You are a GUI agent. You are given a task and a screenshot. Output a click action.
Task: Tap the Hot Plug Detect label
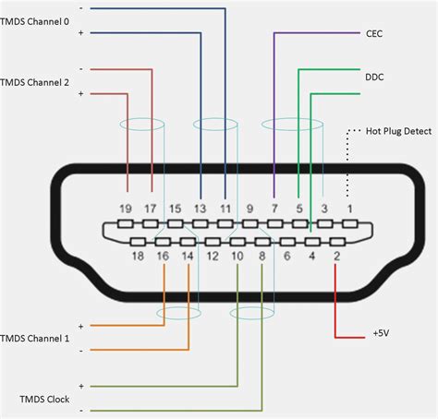398,131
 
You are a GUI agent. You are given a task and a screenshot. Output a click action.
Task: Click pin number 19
127,209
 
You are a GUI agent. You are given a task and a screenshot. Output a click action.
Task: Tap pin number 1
348,209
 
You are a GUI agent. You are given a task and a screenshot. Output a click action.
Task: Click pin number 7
274,209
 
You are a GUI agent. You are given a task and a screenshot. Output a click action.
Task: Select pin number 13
200,209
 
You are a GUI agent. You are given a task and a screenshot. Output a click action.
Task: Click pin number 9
249,209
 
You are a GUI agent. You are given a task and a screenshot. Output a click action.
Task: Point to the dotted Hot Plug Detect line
348,166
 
